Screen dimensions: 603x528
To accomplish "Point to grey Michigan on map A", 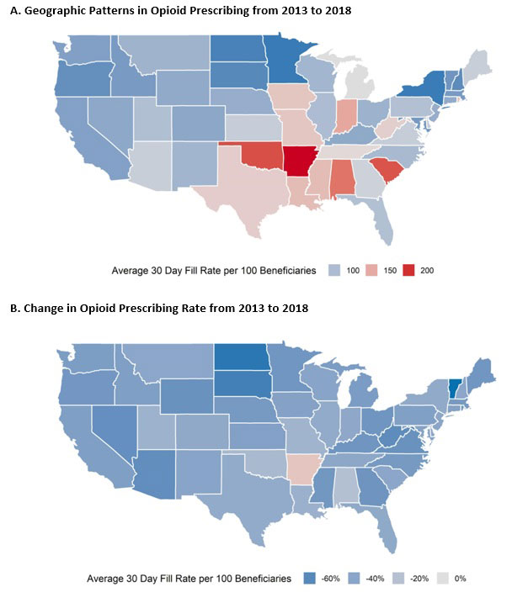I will pos(362,84).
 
